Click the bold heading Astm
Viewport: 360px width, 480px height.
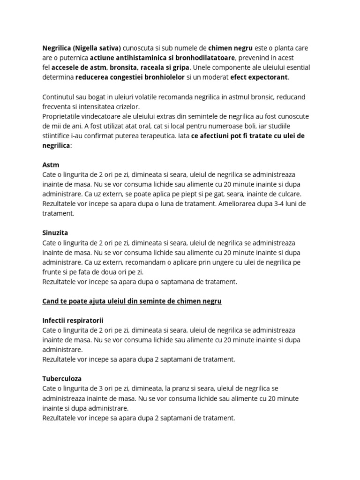[x=50, y=165]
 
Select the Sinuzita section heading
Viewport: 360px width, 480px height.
[x=55, y=233]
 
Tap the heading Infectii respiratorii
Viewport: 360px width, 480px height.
[x=73, y=320]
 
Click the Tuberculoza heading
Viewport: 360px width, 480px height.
[x=62, y=378]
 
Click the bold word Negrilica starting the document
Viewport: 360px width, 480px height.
[x=57, y=48]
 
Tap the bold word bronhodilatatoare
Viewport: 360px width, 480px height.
[x=201, y=58]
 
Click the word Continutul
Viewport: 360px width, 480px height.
[x=59, y=97]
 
